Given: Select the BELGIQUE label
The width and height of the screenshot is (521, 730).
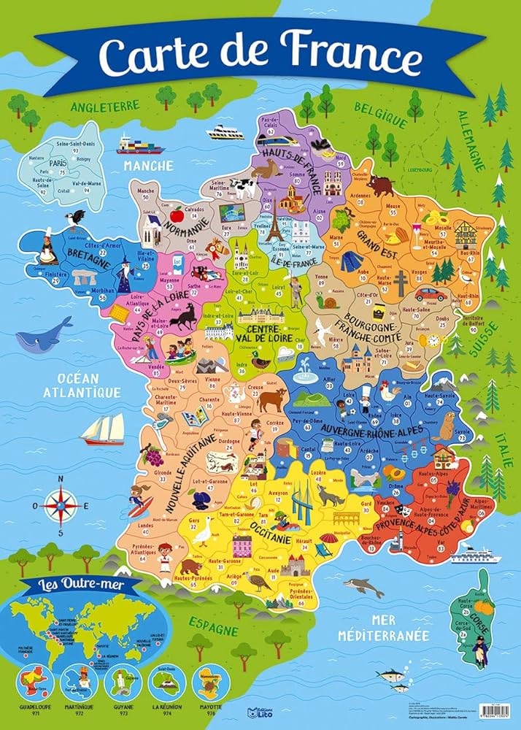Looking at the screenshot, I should (x=380, y=112).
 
